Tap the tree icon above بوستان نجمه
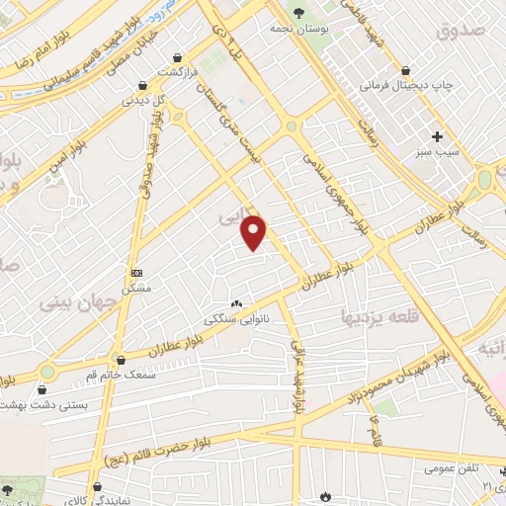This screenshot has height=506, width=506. (298, 13)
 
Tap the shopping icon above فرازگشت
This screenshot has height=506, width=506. (177, 57)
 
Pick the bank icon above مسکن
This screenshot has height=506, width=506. (136, 273)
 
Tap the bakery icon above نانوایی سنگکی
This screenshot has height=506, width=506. (236, 304)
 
